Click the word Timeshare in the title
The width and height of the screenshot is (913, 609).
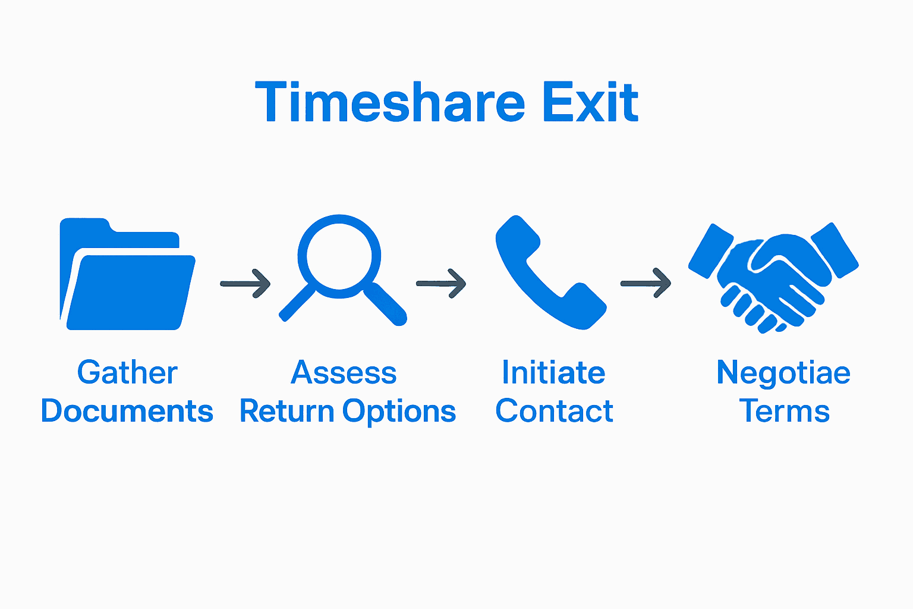pyautogui.click(x=389, y=102)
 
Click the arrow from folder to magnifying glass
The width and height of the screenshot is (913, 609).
pyautogui.click(x=245, y=284)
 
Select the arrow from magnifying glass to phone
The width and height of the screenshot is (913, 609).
pyautogui.click(x=440, y=284)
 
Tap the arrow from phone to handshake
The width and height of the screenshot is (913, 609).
pyautogui.click(x=646, y=284)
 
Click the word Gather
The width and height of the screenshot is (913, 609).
pyautogui.click(x=127, y=373)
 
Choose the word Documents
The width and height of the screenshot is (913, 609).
pyautogui.click(x=127, y=411)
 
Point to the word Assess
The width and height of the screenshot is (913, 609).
pyautogui.click(x=344, y=373)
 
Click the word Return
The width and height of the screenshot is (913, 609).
pyautogui.click(x=287, y=411)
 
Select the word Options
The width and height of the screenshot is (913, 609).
pyautogui.click(x=399, y=412)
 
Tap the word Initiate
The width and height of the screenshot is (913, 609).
pyautogui.click(x=553, y=373)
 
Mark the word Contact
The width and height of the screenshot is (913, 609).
pyautogui.click(x=554, y=411)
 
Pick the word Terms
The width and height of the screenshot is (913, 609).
pyautogui.click(x=784, y=411)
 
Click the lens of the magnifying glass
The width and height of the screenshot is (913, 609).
pyautogui.click(x=339, y=256)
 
